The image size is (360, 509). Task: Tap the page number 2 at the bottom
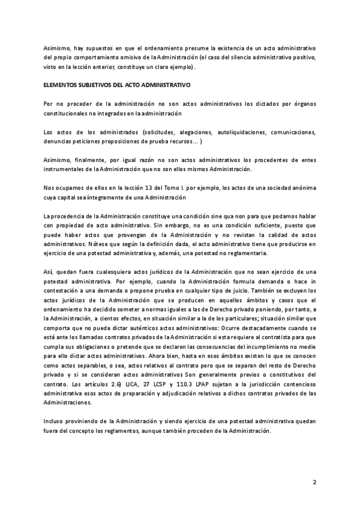pos(314,482)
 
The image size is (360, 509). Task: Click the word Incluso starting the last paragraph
pos(55,421)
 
